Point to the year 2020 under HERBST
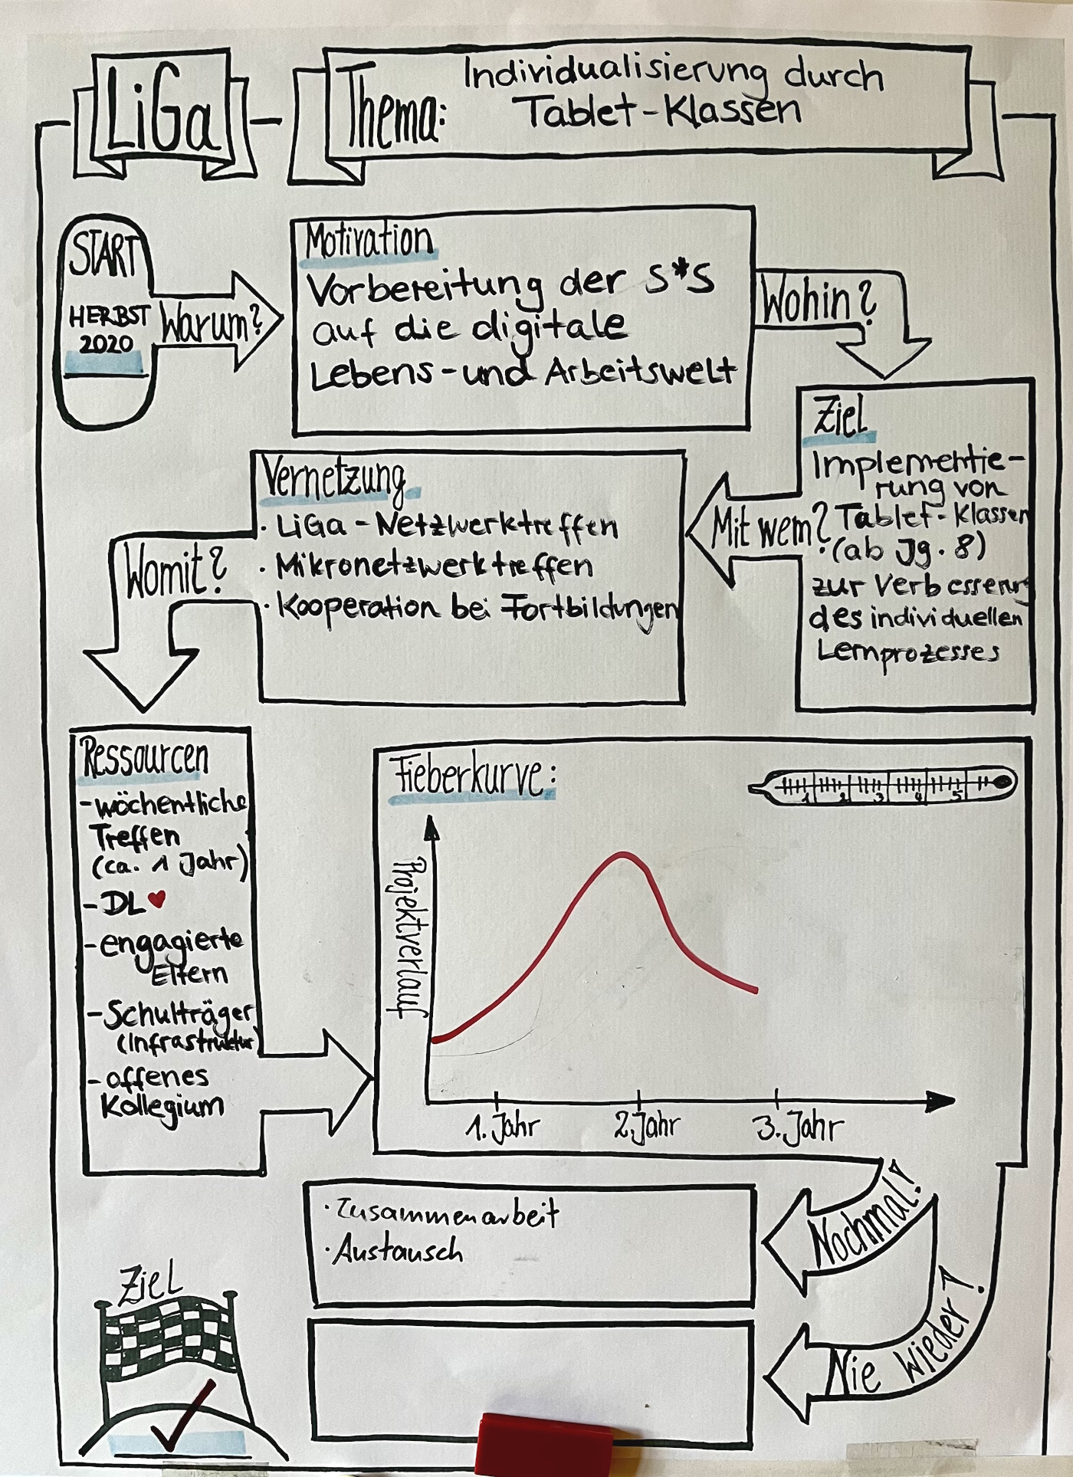[x=106, y=344]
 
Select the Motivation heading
[x=369, y=241]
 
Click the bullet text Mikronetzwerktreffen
[x=434, y=566]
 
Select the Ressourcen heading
[x=144, y=757]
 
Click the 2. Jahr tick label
[x=647, y=1126]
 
